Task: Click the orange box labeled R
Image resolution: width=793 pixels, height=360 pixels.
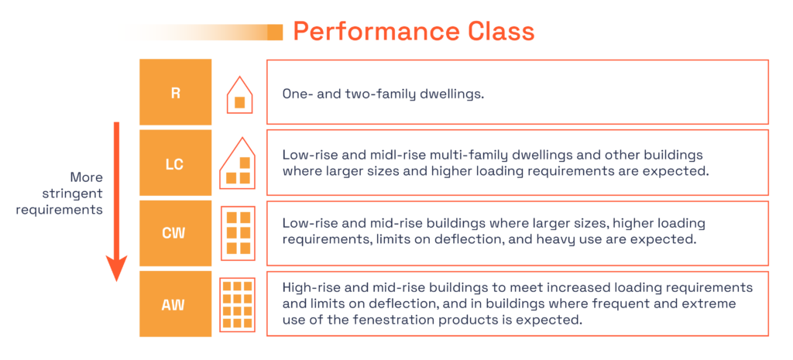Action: pos(176,92)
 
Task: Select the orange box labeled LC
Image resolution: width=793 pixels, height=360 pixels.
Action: pos(176,163)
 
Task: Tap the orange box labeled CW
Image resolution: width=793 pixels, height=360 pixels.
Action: pos(176,233)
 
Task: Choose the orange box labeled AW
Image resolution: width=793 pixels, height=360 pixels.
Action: pos(176,303)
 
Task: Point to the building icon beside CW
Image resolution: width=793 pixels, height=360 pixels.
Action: pos(238,233)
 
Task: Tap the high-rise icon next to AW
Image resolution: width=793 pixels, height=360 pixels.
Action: pos(238,303)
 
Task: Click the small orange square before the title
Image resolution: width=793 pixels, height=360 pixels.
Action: pos(275,32)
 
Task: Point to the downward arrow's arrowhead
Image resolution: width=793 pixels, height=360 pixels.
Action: pos(116,270)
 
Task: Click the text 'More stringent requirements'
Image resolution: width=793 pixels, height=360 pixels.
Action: pos(75,193)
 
